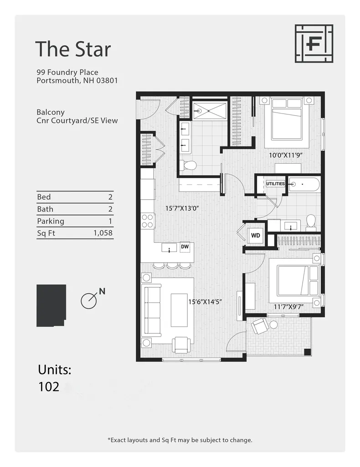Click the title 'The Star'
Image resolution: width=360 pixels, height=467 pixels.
tap(73, 49)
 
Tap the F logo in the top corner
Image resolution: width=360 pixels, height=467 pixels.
tap(314, 43)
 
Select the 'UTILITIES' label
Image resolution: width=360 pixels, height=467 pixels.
tap(275, 184)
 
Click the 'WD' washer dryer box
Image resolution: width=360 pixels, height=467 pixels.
tap(256, 236)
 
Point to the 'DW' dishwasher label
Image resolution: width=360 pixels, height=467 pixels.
tap(185, 247)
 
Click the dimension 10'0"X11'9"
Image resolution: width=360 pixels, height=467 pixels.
tap(286, 155)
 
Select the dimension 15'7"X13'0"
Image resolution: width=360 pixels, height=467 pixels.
tap(182, 208)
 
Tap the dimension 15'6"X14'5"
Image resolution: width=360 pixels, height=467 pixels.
tap(205, 301)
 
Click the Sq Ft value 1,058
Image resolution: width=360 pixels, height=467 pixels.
tap(103, 233)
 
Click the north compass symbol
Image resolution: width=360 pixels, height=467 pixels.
tap(89, 300)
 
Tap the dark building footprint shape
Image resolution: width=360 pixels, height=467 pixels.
tap(51, 305)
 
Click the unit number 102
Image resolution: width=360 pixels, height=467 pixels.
tap(49, 387)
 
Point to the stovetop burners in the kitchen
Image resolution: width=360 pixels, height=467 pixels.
tap(148, 221)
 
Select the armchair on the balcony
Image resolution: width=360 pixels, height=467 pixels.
tap(260, 326)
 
